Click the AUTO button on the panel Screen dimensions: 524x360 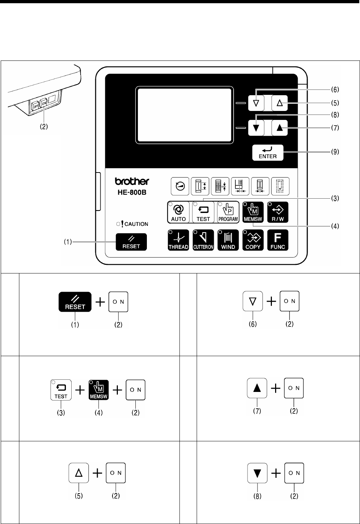tap(178, 213)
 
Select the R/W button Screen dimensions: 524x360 tap(278, 213)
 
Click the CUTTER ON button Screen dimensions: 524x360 tap(203, 240)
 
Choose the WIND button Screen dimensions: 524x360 tap(228, 240)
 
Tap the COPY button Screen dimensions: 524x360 tap(253, 240)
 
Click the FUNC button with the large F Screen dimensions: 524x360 tap(278, 240)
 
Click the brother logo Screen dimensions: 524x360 tap(132, 181)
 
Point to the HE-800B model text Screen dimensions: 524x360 tap(132, 192)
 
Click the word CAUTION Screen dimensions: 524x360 tap(136, 224)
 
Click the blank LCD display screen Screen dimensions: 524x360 tap(184, 115)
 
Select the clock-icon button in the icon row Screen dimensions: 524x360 tap(181, 186)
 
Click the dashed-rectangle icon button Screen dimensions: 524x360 tap(280, 186)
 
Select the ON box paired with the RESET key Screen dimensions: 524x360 tap(118, 302)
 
